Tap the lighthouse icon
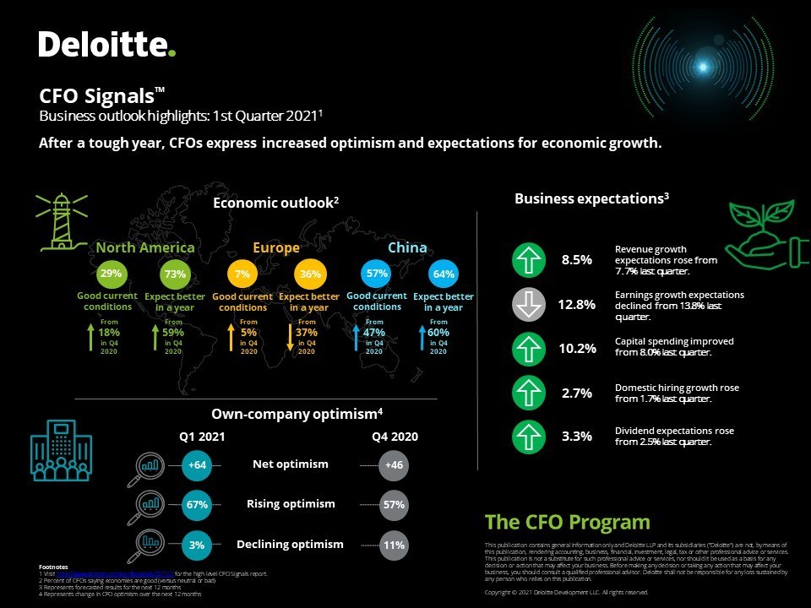click(x=61, y=221)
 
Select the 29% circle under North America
click(x=111, y=274)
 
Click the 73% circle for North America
click(x=175, y=274)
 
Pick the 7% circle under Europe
click(x=242, y=274)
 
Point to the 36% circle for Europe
click(x=309, y=274)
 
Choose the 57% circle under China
click(x=377, y=274)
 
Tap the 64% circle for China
click(x=444, y=274)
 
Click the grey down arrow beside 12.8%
click(x=529, y=304)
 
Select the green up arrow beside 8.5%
click(x=529, y=259)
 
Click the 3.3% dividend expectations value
click(x=577, y=437)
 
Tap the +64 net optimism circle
click(x=197, y=465)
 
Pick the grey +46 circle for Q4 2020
click(x=394, y=465)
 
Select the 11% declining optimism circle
click(x=394, y=546)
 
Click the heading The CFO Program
click(x=568, y=522)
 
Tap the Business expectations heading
click(x=591, y=198)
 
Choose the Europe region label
click(x=275, y=247)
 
